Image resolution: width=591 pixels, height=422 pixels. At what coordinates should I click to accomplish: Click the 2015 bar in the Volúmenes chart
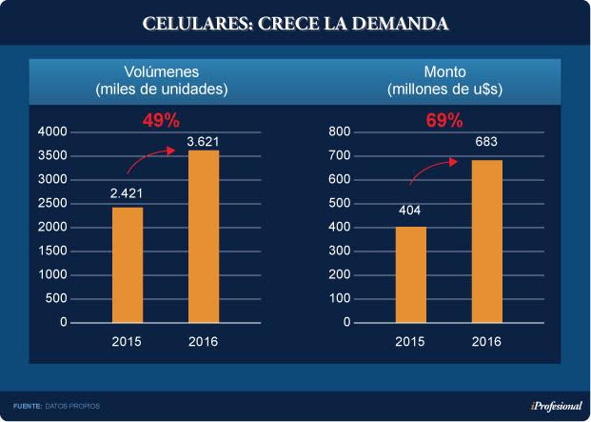pos(128,265)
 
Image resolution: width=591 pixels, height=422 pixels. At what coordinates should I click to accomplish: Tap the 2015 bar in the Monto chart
pos(410,274)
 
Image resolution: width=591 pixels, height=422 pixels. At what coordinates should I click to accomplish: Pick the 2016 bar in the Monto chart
pos(486,241)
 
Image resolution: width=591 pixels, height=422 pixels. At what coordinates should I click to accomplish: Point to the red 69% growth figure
pos(443,121)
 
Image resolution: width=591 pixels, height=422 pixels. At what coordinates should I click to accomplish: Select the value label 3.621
pos(203,141)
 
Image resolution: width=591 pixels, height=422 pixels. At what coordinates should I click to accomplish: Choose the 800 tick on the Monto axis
pos(340,131)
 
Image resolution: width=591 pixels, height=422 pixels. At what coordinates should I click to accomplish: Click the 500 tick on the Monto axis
pos(340,203)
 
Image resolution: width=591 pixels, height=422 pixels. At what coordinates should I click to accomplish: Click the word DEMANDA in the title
pos(398,23)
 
